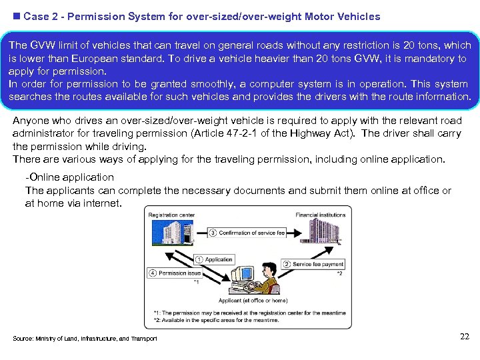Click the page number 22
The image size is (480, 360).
[x=465, y=337]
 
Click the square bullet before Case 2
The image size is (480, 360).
[x=16, y=16]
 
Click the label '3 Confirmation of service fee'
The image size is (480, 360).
[x=247, y=233]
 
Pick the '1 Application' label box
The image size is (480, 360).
[x=214, y=259]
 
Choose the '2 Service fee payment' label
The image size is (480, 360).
[x=313, y=264]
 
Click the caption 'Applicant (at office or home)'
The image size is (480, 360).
[x=253, y=301]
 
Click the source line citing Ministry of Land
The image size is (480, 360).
[x=85, y=339]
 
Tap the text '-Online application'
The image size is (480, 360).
[x=69, y=177]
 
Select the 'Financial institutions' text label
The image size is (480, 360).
[x=320, y=215]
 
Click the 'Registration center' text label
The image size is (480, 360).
[x=171, y=215]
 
